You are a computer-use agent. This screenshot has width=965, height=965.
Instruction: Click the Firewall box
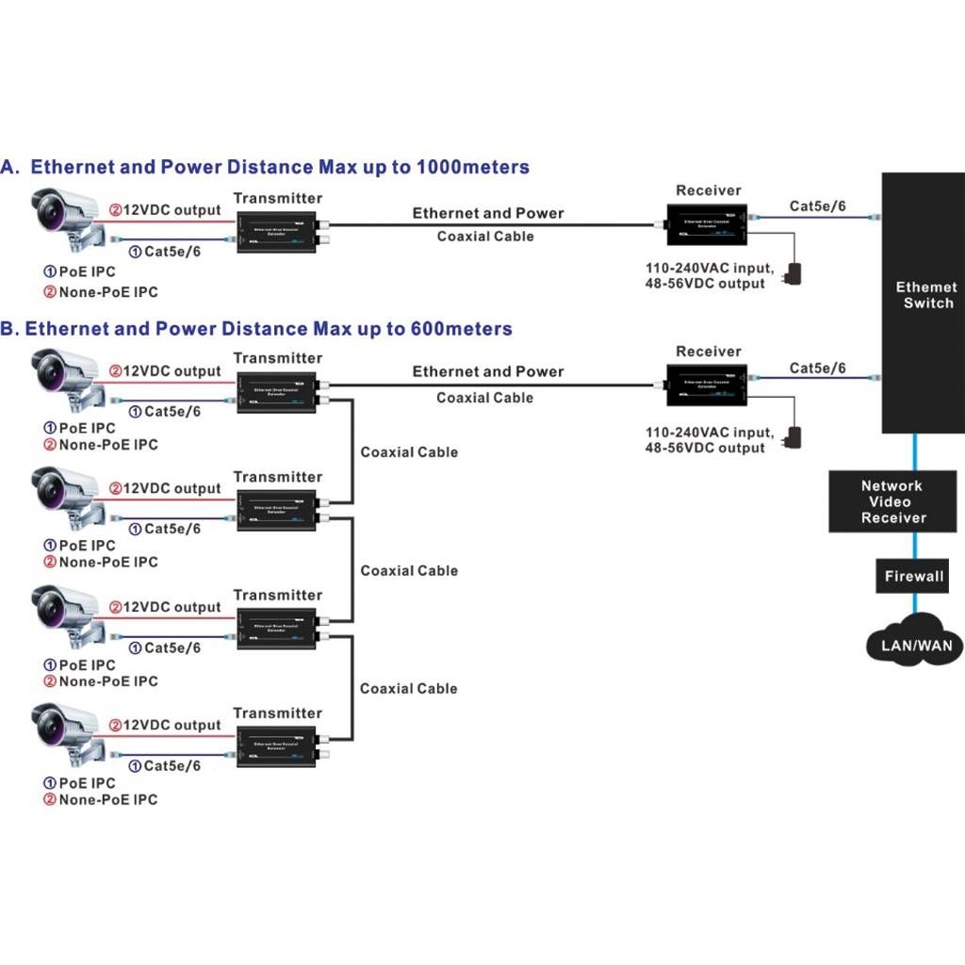pyautogui.click(x=913, y=576)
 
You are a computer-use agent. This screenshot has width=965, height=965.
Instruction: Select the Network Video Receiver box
pyautogui.click(x=892, y=501)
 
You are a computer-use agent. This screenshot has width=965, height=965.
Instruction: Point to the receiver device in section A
pyautogui.click(x=708, y=224)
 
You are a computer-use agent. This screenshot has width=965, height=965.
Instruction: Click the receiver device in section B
pyautogui.click(x=708, y=384)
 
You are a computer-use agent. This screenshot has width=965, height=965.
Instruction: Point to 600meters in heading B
pyautogui.click(x=462, y=329)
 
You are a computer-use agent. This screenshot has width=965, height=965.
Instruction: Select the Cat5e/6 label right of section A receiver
pyautogui.click(x=818, y=206)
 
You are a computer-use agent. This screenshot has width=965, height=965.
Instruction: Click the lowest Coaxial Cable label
pyautogui.click(x=408, y=689)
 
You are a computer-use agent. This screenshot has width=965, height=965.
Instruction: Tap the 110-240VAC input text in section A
pyautogui.click(x=709, y=268)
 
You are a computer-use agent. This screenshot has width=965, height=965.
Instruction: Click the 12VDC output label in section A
pyautogui.click(x=171, y=211)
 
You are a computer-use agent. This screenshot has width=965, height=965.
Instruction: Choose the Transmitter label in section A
pyautogui.click(x=277, y=198)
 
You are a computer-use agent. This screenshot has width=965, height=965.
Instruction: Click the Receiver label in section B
pyautogui.click(x=709, y=352)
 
